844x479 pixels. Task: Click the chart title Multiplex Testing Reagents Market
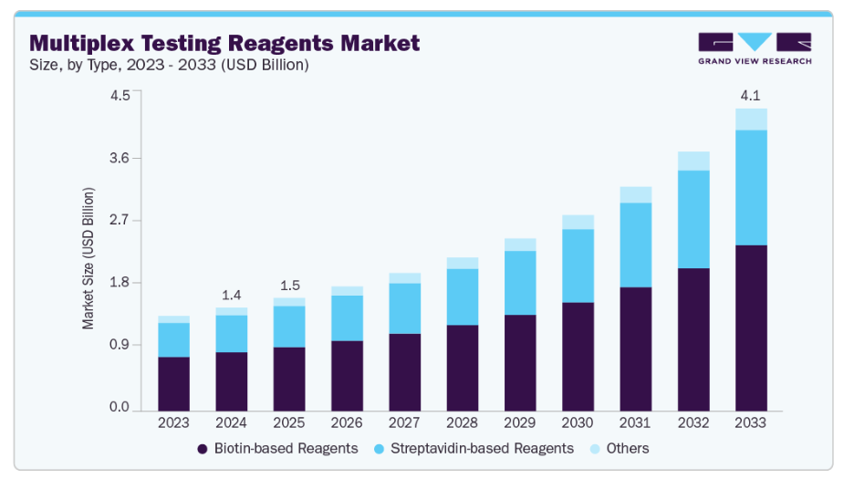[x=224, y=43]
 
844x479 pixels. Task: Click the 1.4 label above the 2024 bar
[x=232, y=295]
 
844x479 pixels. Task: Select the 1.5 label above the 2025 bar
[x=289, y=285]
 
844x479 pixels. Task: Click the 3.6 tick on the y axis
[x=119, y=158]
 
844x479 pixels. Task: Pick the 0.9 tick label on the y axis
[x=119, y=345]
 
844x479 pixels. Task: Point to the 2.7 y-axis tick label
[x=119, y=221]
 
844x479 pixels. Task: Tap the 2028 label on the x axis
[x=463, y=422]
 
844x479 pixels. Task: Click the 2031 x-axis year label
[x=636, y=422]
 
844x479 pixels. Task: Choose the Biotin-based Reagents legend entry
[x=277, y=448]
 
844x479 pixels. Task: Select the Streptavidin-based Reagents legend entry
[x=474, y=448]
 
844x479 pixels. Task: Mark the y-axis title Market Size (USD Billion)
[x=89, y=258]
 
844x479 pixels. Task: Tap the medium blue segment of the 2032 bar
[x=693, y=219]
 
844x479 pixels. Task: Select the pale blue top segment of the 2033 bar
[x=751, y=120]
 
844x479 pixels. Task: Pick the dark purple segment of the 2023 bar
[x=173, y=383]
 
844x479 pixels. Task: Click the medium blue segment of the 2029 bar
[x=520, y=283]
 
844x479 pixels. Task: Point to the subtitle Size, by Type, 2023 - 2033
[x=169, y=65]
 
